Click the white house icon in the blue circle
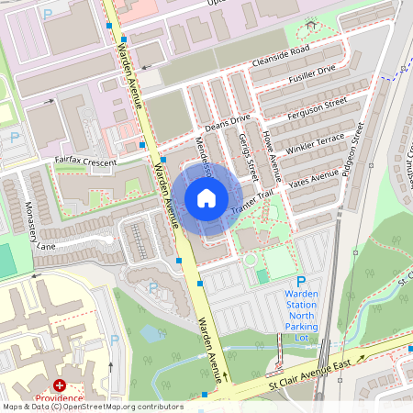pos(206,197)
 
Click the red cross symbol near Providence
pos(61,386)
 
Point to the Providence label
pos(59,400)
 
